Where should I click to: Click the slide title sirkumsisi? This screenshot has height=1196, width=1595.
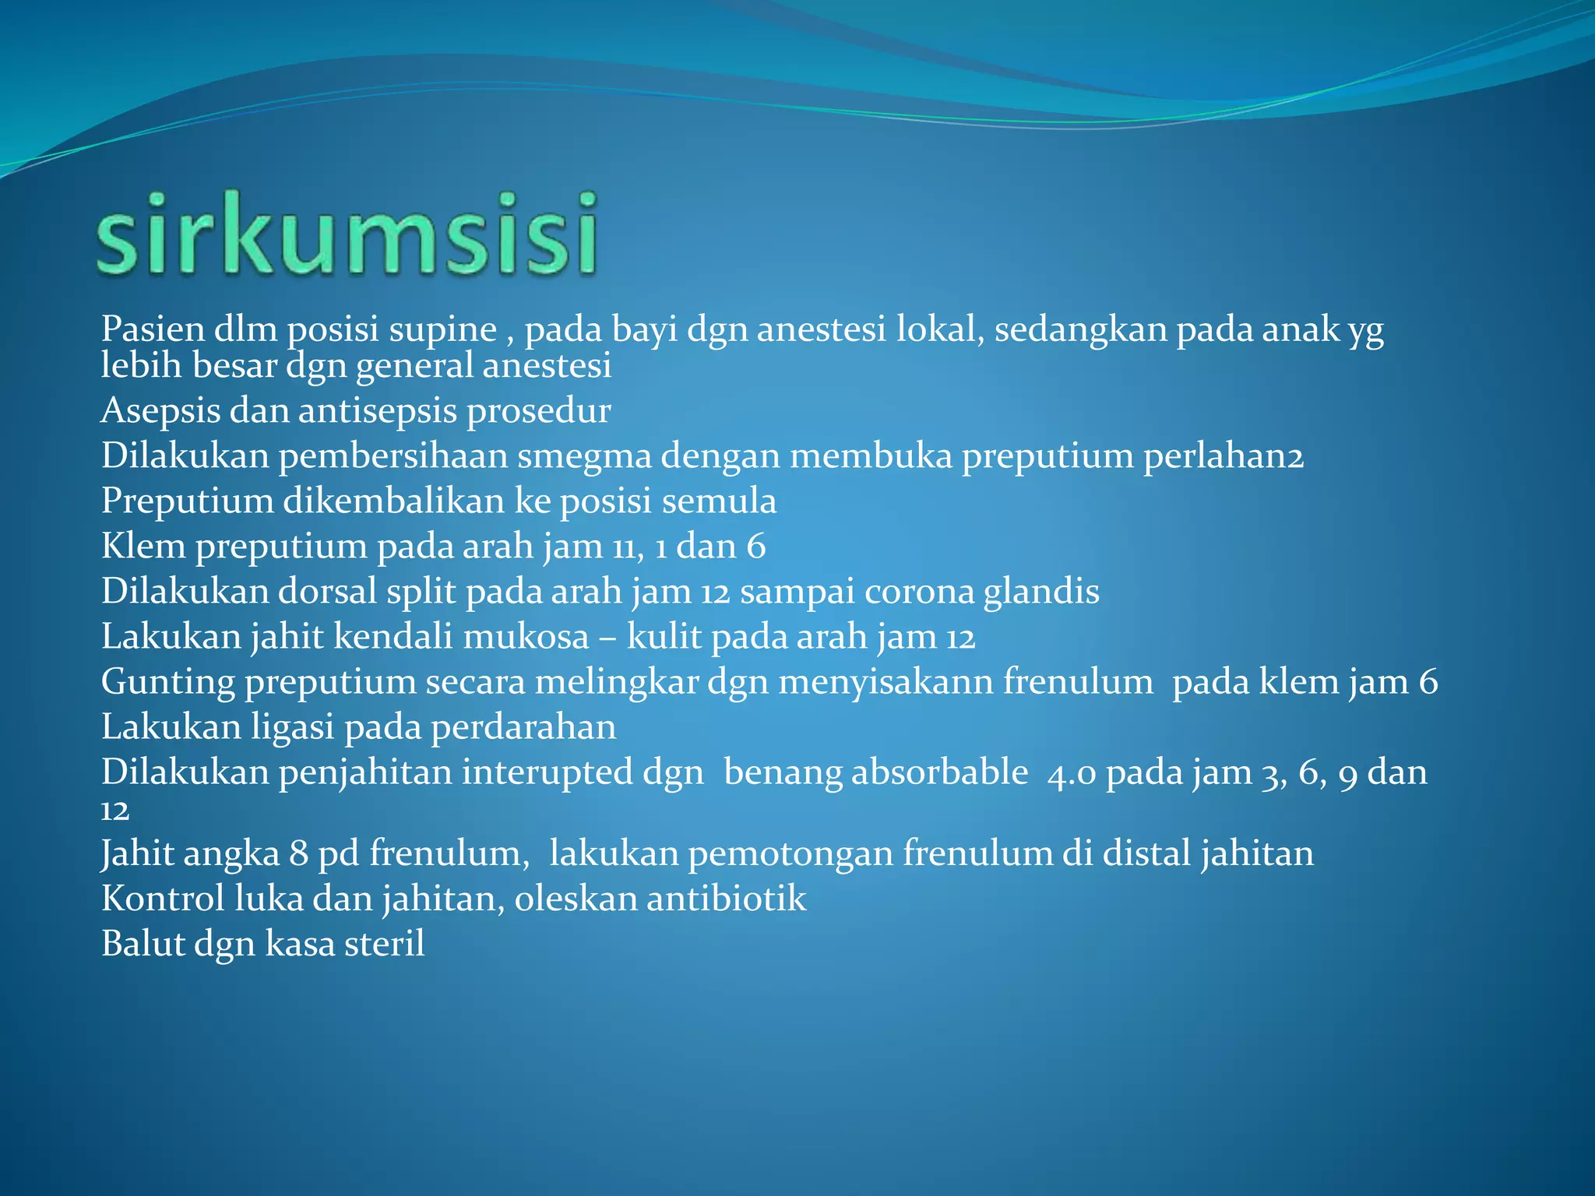coord(347,234)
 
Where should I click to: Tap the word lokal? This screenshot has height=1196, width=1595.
coord(940,329)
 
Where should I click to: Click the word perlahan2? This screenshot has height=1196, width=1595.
coord(1223,456)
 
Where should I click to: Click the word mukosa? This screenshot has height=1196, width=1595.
coord(526,637)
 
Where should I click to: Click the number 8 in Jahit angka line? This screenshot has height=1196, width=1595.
coord(298,854)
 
